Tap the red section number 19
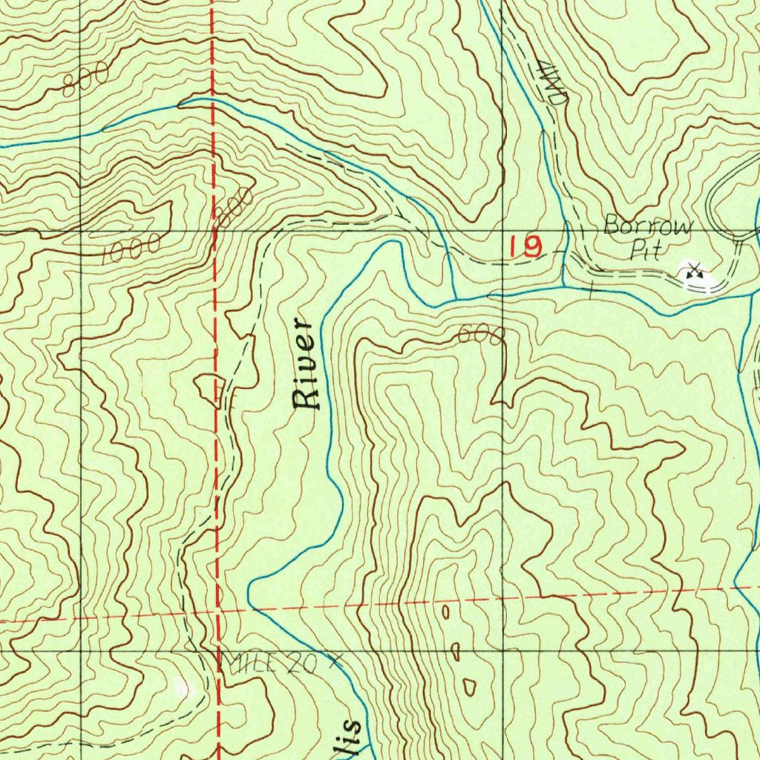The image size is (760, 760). tap(526, 247)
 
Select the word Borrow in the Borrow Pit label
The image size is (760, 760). tap(647, 225)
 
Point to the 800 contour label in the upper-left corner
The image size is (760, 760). tap(85, 80)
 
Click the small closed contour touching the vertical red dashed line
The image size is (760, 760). tap(210, 386)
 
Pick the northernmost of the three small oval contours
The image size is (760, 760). tap(445, 612)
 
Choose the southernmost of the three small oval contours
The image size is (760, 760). tap(469, 687)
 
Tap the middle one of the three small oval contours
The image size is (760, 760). tap(456, 652)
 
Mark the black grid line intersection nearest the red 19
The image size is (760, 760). tap(502, 232)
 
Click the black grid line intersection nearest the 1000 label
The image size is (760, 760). tap(80, 232)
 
